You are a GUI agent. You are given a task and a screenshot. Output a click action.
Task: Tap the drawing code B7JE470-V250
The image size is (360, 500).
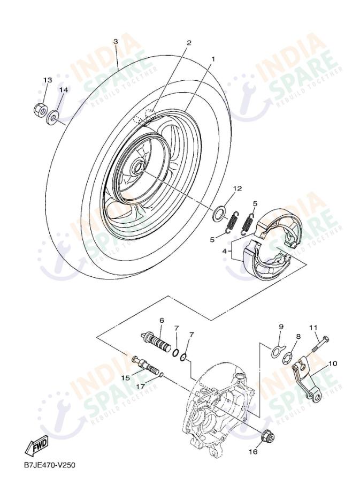pyautogui.click(x=49, y=465)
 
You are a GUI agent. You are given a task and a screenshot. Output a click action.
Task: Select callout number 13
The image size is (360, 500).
pyautogui.click(x=48, y=80)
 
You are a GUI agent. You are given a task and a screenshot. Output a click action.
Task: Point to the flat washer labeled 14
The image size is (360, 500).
pyautogui.click(x=55, y=115)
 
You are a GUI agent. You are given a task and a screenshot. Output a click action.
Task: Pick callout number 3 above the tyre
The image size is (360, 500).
pyautogui.click(x=115, y=42)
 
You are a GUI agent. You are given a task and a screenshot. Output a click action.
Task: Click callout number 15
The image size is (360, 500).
pyautogui.click(x=126, y=378)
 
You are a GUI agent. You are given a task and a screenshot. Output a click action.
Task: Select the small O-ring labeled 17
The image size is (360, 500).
pyautogui.click(x=161, y=376)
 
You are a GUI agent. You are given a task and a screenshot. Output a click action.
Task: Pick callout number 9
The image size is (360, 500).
pyautogui.click(x=280, y=326)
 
